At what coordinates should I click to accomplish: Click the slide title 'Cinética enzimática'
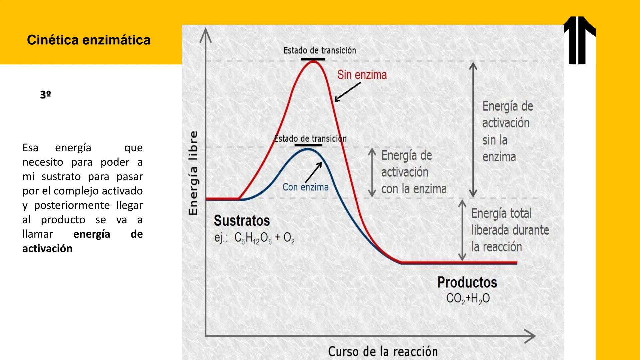click(89, 40)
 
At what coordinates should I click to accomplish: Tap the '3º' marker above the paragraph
click(45, 95)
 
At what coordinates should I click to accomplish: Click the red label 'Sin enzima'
click(362, 75)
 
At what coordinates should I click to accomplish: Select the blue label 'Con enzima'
click(305, 187)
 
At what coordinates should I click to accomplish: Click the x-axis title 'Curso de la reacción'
click(383, 351)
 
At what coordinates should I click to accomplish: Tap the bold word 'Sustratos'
click(242, 221)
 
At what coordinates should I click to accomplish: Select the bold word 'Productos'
click(467, 282)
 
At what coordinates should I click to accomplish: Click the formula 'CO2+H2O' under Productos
click(468, 298)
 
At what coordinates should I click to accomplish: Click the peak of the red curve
click(313, 62)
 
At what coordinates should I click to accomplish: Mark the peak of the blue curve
click(308, 149)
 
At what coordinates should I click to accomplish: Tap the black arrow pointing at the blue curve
click(314, 172)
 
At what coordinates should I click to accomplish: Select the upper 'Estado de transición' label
click(320, 51)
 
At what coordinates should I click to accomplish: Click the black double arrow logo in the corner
click(580, 40)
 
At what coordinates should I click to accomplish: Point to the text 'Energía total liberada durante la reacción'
click(510, 230)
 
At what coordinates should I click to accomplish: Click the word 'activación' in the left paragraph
click(47, 249)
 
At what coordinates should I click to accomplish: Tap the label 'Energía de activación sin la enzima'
click(507, 131)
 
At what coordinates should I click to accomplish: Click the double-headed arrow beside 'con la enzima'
click(372, 173)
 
